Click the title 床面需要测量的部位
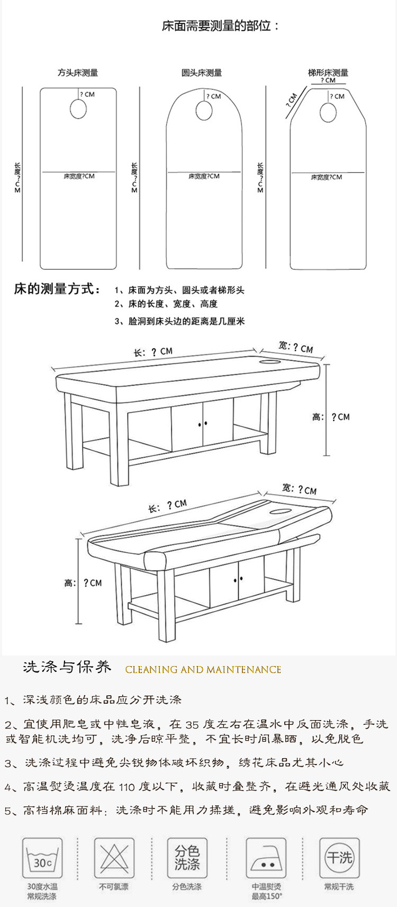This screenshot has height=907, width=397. click(x=220, y=25)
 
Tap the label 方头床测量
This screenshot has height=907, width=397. click(x=78, y=73)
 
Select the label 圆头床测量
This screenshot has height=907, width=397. click(x=202, y=73)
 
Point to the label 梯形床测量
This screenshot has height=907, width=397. click(x=328, y=73)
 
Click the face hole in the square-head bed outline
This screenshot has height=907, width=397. click(x=78, y=109)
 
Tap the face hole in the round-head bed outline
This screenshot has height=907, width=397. click(x=204, y=111)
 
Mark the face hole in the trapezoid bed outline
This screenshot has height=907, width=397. click(x=328, y=112)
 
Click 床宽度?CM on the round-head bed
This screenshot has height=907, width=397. click(x=204, y=176)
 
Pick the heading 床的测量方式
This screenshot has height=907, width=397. click(x=57, y=289)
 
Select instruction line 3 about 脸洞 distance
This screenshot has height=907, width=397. click(x=179, y=321)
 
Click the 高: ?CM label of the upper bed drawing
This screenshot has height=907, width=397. click(x=331, y=417)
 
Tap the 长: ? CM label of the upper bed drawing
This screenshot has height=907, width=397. click(x=153, y=352)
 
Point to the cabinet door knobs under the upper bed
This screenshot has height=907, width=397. click(x=203, y=424)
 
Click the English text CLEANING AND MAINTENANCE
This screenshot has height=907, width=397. click(x=203, y=670)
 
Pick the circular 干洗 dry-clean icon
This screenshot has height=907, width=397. click(x=339, y=857)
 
